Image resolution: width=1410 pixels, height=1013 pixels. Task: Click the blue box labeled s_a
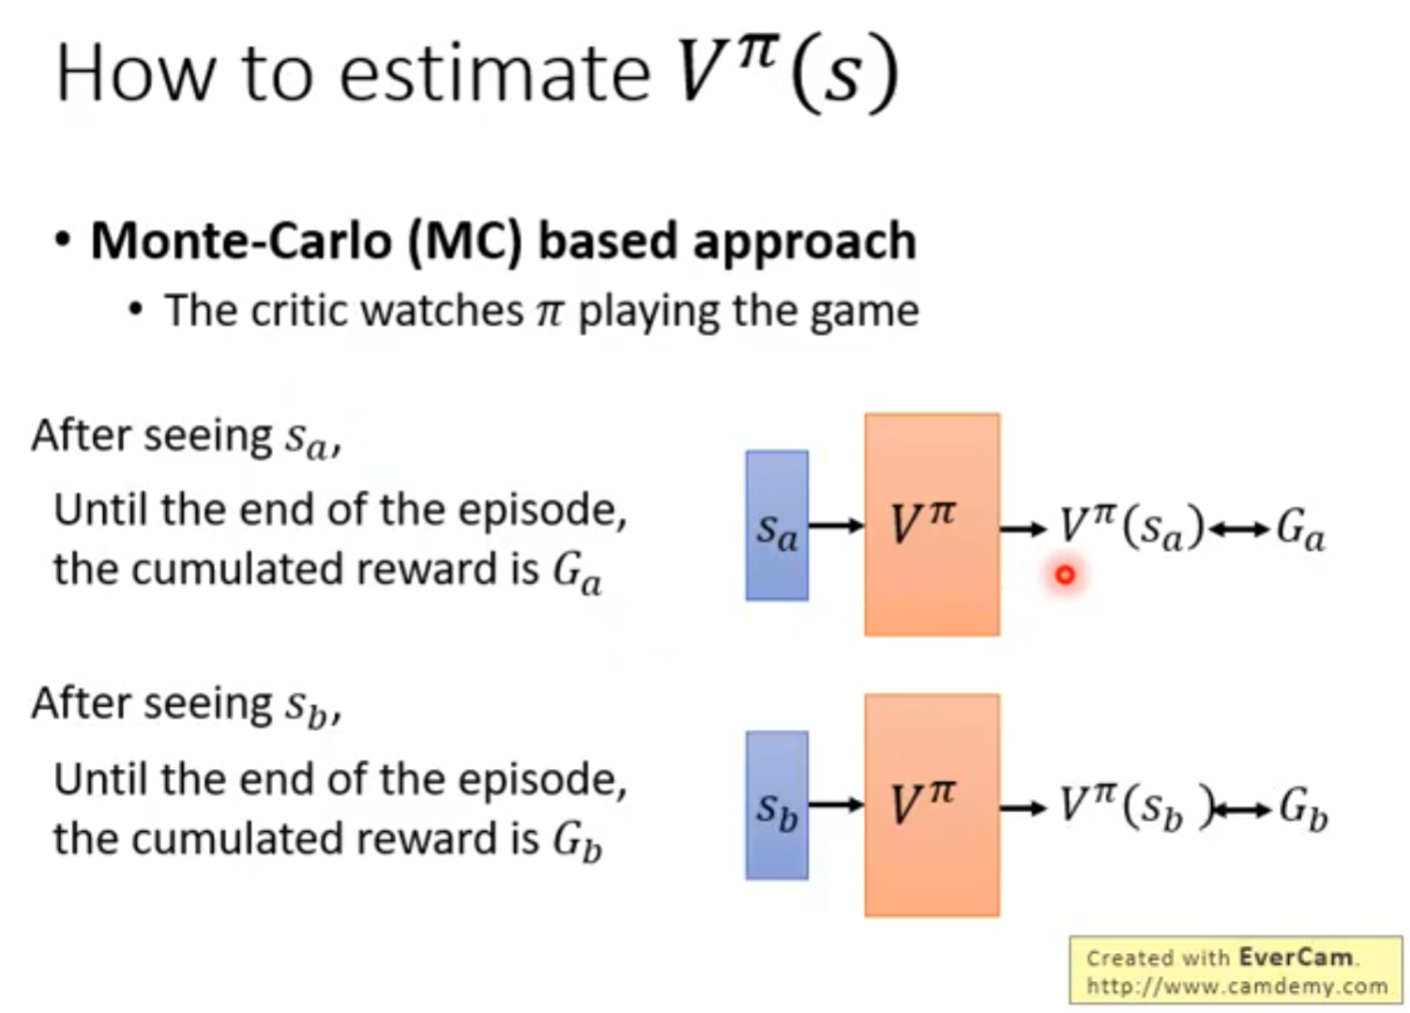click(778, 526)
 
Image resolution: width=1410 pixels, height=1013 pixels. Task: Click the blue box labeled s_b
click(778, 806)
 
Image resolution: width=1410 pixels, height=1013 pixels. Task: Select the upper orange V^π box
click(932, 525)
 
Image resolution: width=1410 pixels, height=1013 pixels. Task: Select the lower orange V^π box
click(932, 806)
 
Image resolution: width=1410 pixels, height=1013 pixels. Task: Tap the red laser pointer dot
click(1065, 575)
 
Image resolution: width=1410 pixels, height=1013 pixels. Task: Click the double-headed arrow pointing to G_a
click(1238, 530)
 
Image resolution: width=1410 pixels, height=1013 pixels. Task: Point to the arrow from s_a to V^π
click(837, 525)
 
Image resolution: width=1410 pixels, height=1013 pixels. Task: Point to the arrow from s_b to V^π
click(837, 805)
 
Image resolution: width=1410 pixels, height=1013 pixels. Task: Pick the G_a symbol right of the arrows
click(1300, 530)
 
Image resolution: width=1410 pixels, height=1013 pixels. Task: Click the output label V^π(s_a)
click(1131, 528)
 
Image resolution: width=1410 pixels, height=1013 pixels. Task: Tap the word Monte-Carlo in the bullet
click(242, 242)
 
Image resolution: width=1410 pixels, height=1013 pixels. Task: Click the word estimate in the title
click(494, 74)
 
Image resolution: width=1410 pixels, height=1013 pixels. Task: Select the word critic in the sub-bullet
click(299, 311)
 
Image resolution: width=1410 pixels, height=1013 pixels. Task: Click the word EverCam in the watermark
click(1296, 958)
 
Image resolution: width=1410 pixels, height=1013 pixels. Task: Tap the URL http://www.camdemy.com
click(1236, 985)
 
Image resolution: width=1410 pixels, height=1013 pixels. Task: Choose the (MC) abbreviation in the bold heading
click(466, 243)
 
